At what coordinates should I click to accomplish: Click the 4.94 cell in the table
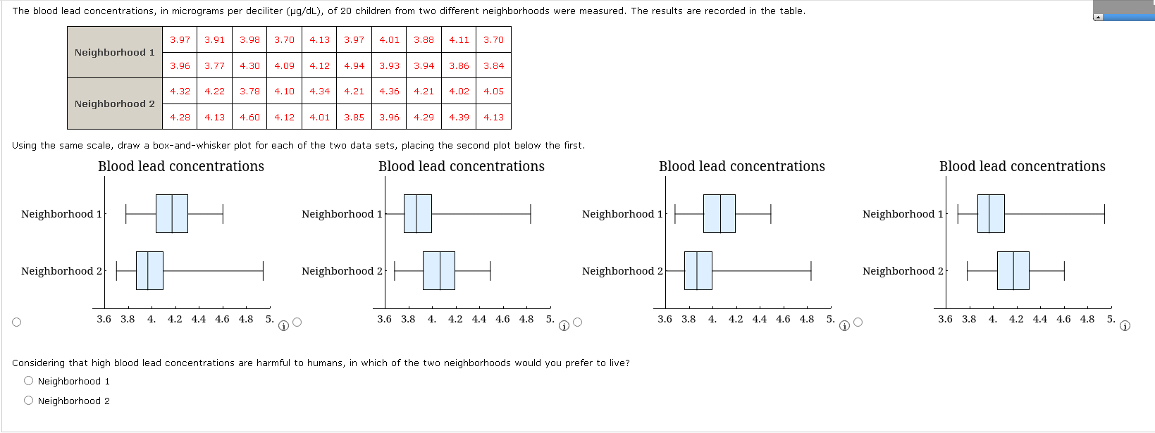coord(354,65)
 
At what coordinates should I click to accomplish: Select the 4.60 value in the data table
coord(249,117)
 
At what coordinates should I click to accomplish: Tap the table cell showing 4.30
coord(249,65)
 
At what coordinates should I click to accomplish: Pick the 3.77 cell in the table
coord(214,65)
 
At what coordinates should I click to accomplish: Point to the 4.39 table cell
coord(459,117)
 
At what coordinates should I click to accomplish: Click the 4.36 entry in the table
coord(389,91)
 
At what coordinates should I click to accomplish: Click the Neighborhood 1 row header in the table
coord(115,52)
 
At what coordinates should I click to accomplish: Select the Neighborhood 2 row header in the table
coord(115,103)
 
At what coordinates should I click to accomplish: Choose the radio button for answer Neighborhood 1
coord(28,381)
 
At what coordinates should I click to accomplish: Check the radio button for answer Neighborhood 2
coord(28,401)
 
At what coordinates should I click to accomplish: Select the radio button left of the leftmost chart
coord(16,322)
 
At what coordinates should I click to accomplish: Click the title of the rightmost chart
coord(1022,166)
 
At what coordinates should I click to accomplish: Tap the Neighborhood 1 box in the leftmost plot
coord(171,213)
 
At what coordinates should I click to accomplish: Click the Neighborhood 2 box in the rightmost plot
coord(1013,270)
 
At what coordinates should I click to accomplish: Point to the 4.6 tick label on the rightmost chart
coord(1063,319)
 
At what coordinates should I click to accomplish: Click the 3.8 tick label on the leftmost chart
coord(128,319)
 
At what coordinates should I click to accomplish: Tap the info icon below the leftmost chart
coord(283,325)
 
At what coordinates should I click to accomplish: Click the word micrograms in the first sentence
coord(203,11)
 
